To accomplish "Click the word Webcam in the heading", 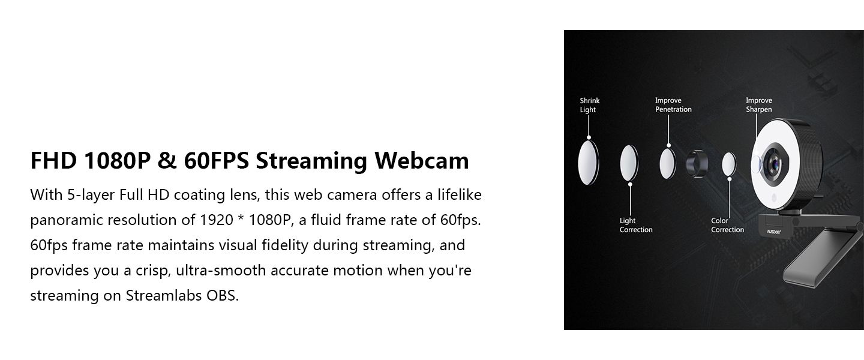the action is pos(422,161).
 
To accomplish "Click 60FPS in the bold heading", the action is pos(216,161).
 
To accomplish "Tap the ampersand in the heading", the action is pos(167,161).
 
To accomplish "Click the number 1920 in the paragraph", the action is pos(217,220).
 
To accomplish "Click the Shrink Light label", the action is pos(589,105).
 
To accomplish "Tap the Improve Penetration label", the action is pos(673,105).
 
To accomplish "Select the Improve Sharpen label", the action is pos(758,105).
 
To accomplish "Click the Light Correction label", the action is pos(635,226).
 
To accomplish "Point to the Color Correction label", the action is pos(727,226).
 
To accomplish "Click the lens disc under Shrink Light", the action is pos(588,163).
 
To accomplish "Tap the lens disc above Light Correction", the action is pos(629,163).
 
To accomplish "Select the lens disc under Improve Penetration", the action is pos(668,163).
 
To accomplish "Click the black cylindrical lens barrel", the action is pos(697,164).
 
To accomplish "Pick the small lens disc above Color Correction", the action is pos(729,164).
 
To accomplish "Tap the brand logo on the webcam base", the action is pos(773,232).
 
